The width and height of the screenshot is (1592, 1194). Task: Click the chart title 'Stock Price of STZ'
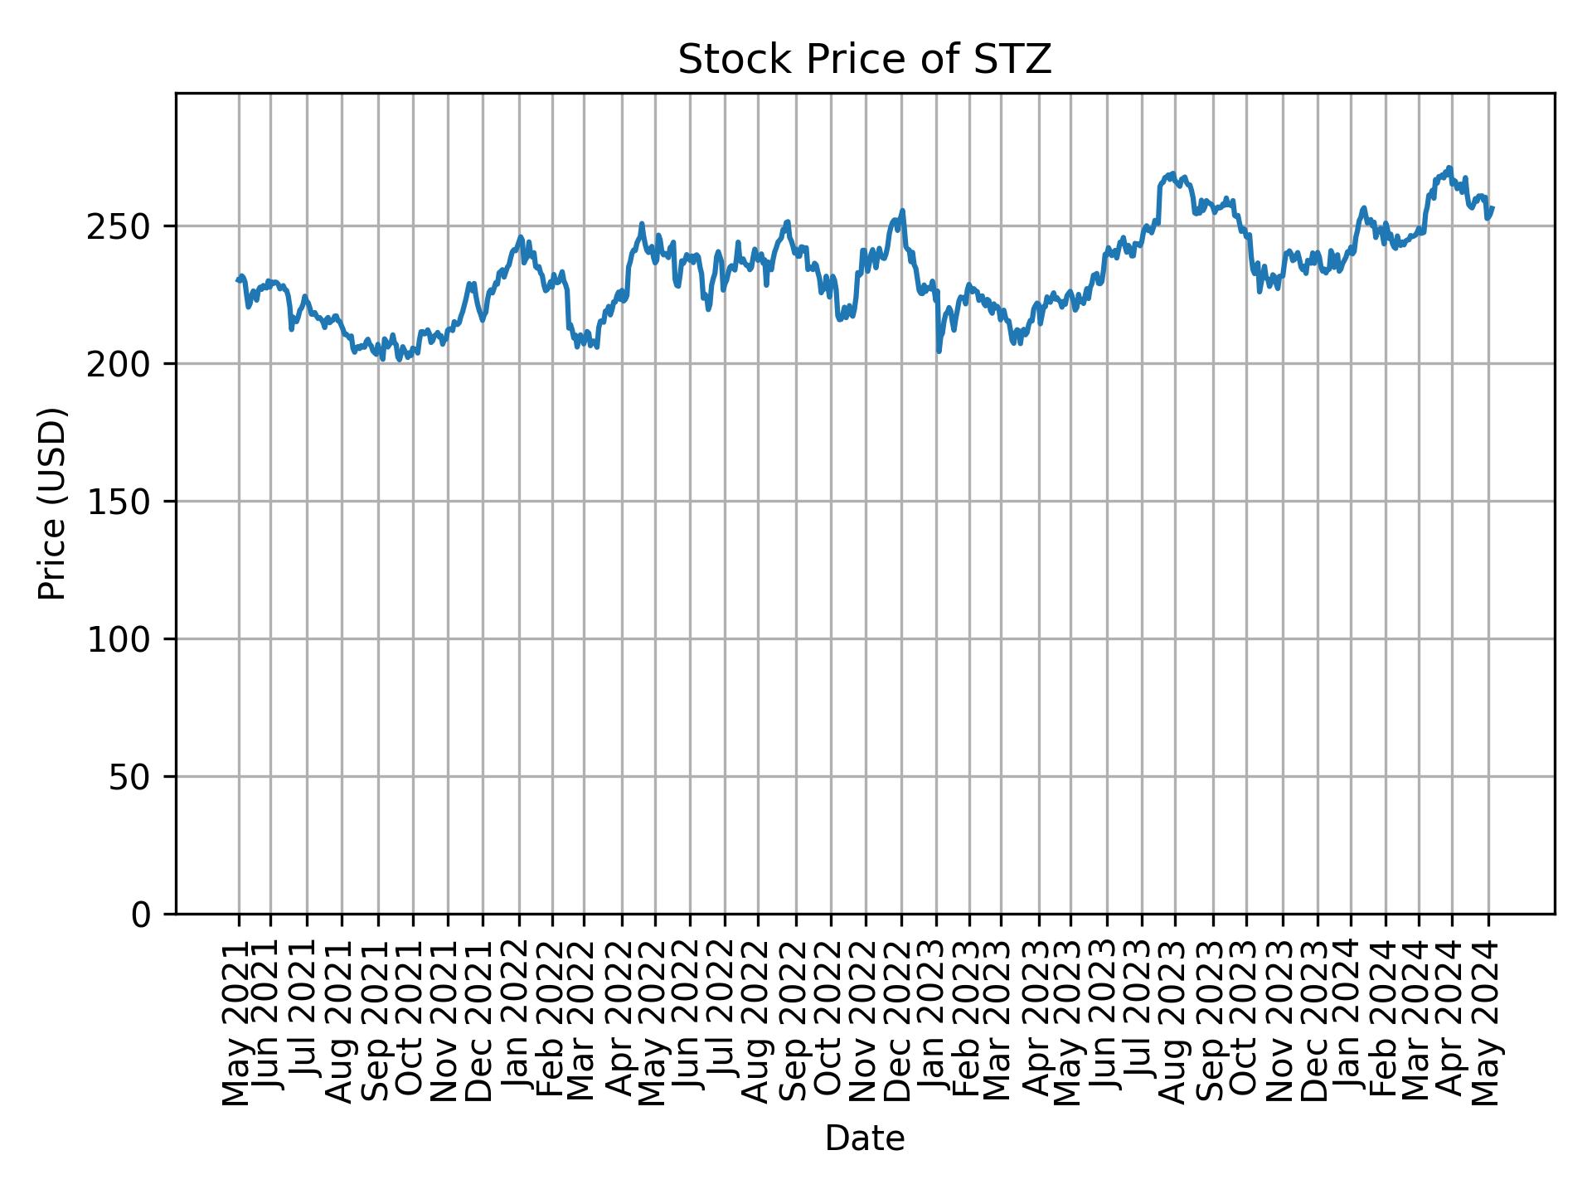coord(864,60)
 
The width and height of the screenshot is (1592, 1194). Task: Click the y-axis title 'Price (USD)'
coord(52,503)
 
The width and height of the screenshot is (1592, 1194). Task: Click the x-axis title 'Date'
coord(864,1138)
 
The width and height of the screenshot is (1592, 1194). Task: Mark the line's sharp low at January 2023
coord(939,352)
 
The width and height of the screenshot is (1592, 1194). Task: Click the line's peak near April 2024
coord(1449,168)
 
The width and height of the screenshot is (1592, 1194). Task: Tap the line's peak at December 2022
coord(902,211)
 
